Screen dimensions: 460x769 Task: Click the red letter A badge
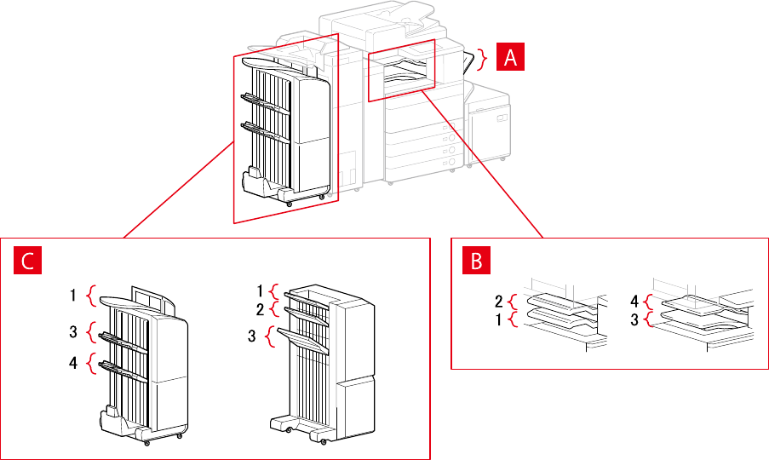pos(510,57)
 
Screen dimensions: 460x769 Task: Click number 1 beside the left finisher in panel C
pos(75,296)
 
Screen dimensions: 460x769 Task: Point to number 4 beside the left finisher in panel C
pos(75,363)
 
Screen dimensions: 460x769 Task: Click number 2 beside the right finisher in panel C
pos(261,308)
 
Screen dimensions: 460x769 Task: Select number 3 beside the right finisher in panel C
pos(253,336)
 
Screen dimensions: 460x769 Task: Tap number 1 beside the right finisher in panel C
pos(261,290)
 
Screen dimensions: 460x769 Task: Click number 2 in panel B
pos(499,301)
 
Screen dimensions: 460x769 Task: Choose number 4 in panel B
pos(634,301)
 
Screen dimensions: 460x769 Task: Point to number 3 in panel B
pos(634,319)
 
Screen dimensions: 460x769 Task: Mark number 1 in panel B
pos(499,319)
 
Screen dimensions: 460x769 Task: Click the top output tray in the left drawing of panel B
pos(554,301)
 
